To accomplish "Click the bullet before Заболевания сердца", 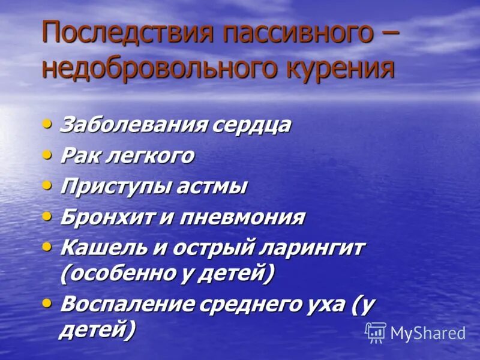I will coord(47,124).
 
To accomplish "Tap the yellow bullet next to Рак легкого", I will coord(47,154).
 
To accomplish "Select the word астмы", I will coord(212,187).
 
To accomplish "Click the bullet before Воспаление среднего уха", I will coord(47,302).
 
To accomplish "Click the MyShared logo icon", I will coord(376,332).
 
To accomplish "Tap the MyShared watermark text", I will coord(428,334).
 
